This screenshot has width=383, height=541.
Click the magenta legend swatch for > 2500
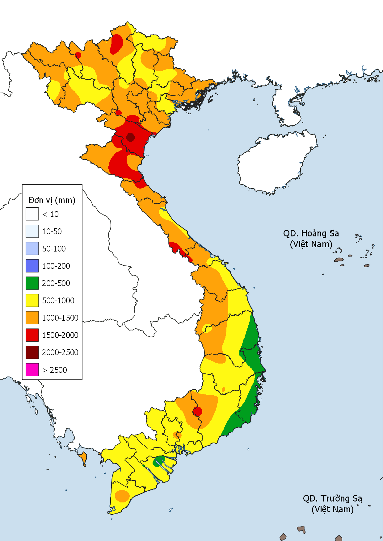point(32,369)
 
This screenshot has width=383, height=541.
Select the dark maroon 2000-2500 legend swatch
point(32,352)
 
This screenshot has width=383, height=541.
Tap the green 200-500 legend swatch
point(32,283)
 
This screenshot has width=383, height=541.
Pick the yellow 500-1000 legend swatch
point(32,300)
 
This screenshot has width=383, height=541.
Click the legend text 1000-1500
point(60,318)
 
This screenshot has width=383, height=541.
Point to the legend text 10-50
point(52,231)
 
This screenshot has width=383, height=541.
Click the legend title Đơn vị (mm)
point(52,200)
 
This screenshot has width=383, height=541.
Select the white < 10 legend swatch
point(32,214)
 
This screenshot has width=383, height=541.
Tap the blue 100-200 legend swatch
point(32,266)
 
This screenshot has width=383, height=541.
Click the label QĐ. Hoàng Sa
point(311,233)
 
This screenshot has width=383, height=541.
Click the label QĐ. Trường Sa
point(332,498)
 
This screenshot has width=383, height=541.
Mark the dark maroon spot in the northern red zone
point(130,137)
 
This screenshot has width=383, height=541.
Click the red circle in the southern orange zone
point(197,411)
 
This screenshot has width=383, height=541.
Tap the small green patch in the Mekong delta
point(159,461)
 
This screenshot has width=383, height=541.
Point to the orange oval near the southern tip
point(122,496)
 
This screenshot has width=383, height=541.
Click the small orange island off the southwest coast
point(83,458)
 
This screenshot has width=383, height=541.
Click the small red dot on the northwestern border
point(78,55)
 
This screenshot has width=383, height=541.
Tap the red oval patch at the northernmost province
point(116,44)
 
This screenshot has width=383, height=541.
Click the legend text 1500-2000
point(60,335)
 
